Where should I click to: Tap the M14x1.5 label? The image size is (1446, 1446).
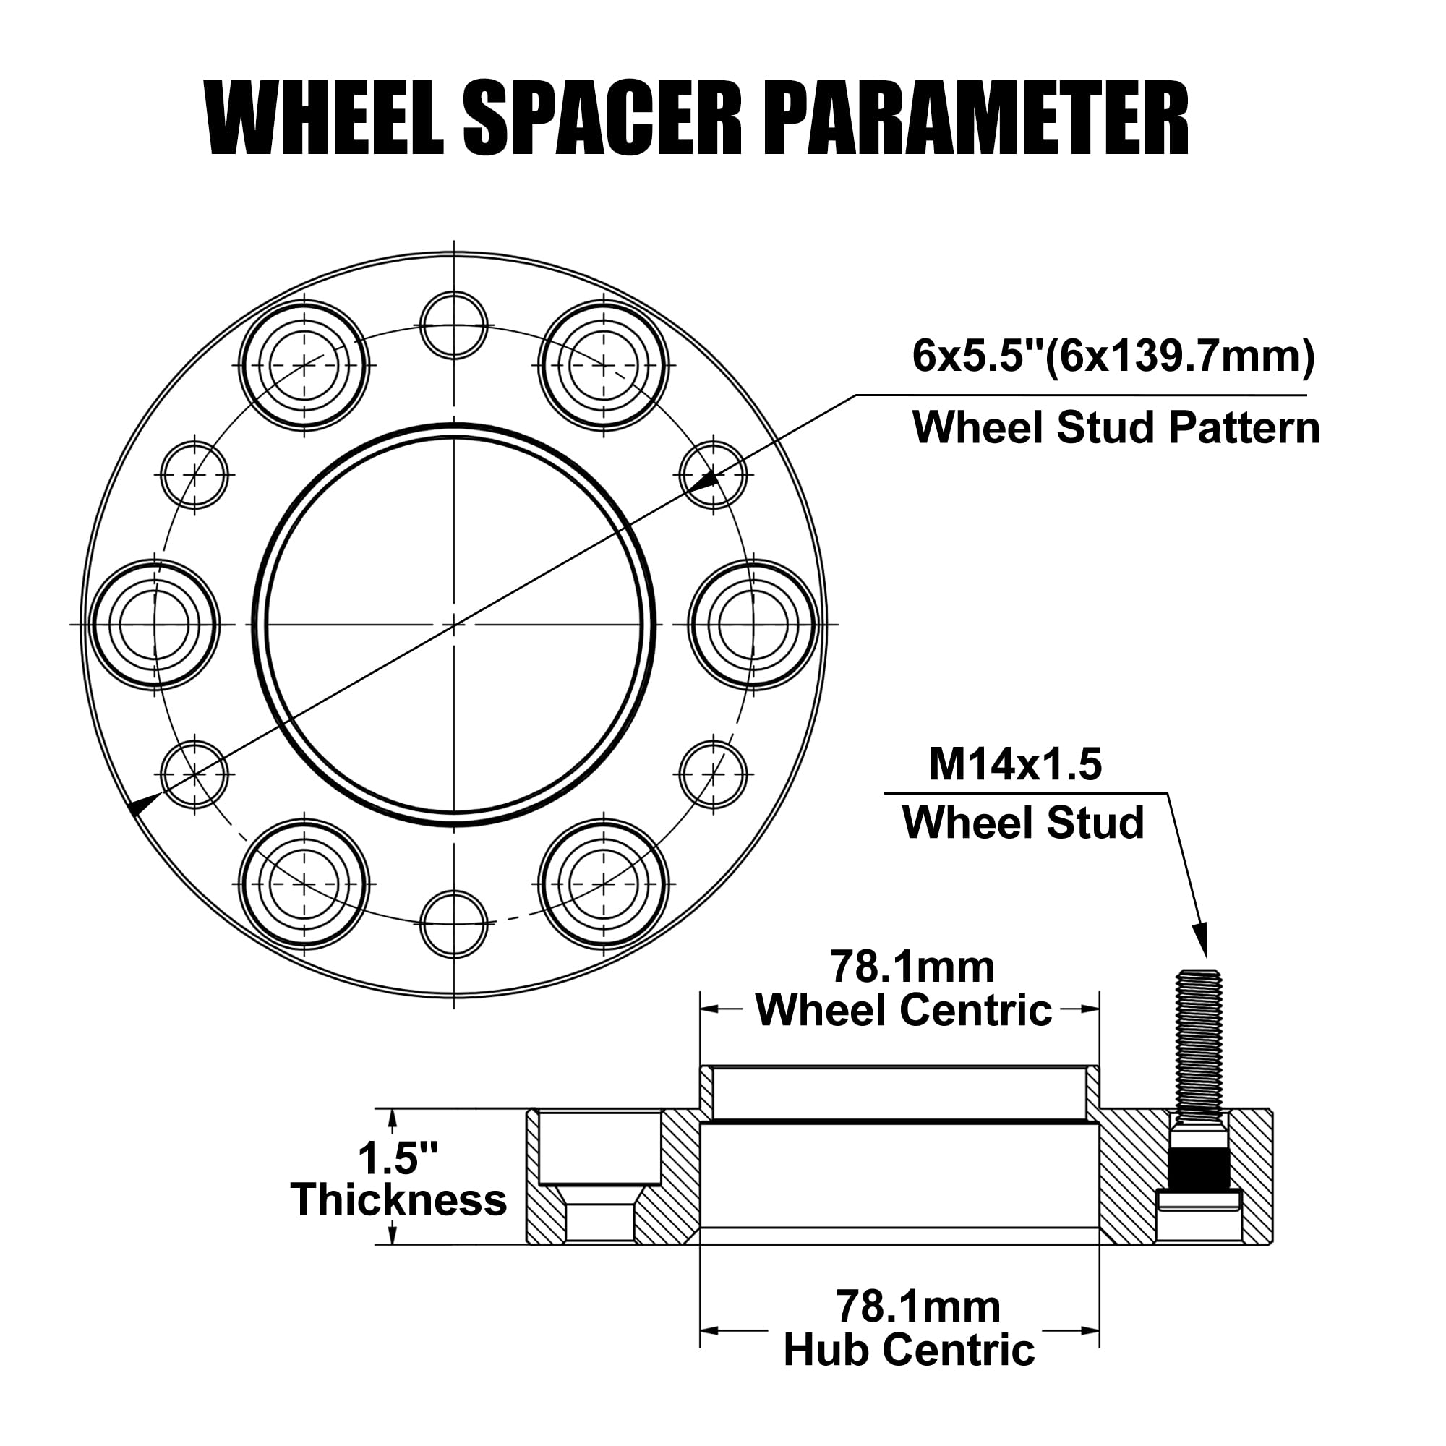coord(1015,765)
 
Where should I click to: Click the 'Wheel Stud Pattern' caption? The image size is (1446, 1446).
coord(1115,428)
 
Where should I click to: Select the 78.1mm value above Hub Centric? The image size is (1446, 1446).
coord(917,1306)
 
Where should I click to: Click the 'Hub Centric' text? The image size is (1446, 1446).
coord(909,1349)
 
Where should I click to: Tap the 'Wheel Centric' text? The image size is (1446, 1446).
coord(903,1011)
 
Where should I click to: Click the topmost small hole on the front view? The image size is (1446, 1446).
coord(453,325)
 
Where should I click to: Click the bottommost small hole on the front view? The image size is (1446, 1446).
coord(453,923)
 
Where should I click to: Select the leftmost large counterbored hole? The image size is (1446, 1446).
coord(155,624)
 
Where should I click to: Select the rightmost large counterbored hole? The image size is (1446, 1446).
coord(753,624)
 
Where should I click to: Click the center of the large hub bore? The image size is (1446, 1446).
coord(453,624)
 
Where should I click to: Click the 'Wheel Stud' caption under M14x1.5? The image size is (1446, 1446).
coord(1022,823)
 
